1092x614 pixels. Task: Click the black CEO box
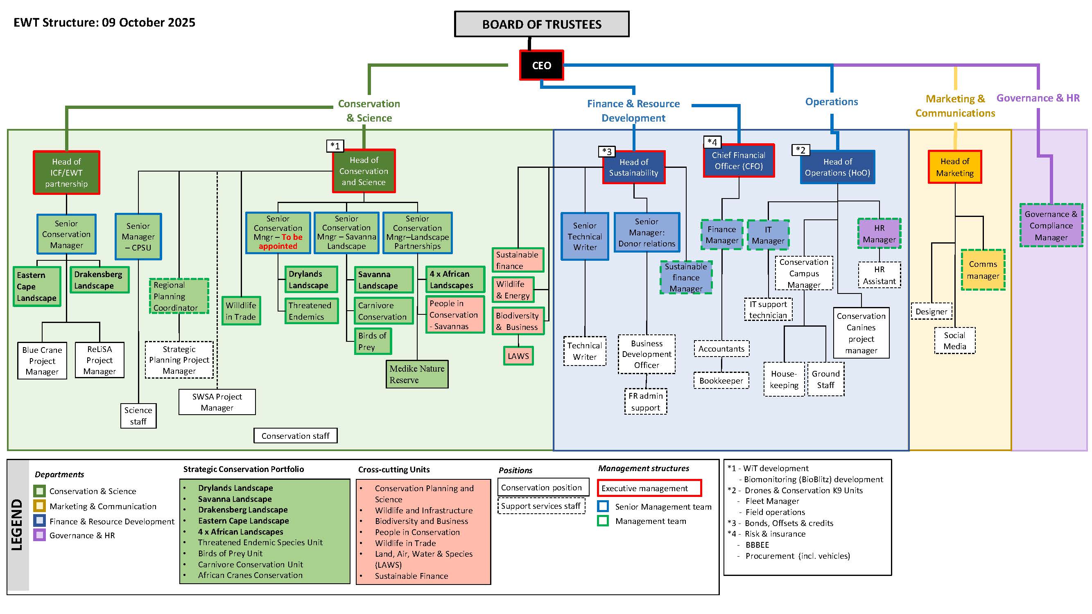coord(541,65)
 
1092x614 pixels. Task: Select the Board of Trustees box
coord(541,24)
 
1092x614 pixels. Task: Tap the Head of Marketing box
coord(955,167)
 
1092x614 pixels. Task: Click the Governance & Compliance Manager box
coord(1051,226)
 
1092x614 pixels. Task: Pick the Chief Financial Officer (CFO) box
coord(739,160)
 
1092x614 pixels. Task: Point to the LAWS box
coord(518,356)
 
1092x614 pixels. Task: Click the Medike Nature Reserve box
coord(417,374)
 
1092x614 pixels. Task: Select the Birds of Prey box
coord(373,341)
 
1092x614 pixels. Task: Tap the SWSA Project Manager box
coord(217,402)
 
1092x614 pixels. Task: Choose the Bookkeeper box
coord(721,381)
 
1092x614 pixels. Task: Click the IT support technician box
coord(768,310)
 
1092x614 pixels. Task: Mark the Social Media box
coord(955,341)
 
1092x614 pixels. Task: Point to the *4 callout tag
coord(712,142)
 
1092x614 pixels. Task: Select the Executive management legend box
coord(649,488)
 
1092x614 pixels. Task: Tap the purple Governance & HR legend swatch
coord(39,535)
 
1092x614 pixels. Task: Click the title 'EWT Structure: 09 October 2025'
coord(104,22)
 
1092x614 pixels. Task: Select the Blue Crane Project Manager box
coord(42,361)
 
